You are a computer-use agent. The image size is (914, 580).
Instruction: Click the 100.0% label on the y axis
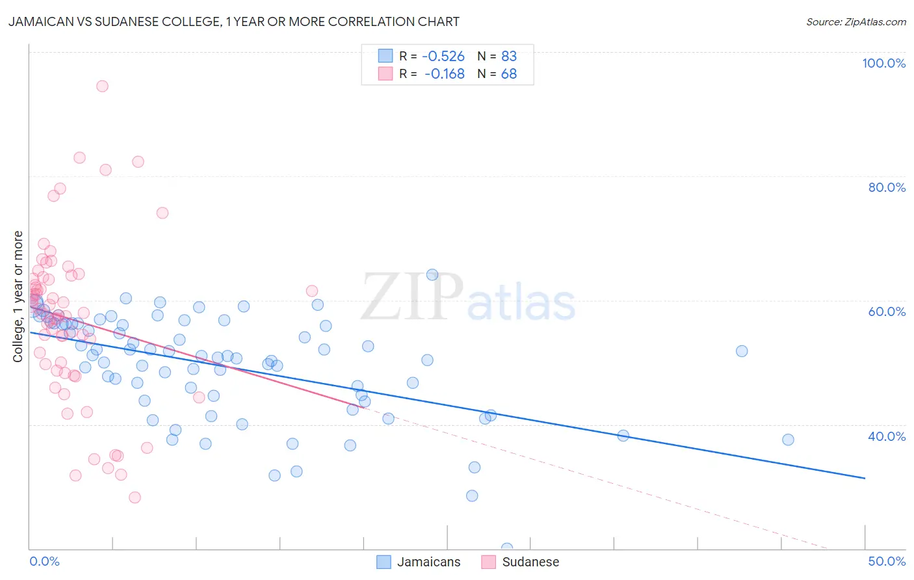click(x=883, y=63)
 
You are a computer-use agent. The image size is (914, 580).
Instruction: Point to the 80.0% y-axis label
click(x=887, y=187)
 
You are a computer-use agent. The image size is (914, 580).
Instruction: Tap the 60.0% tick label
click(x=887, y=311)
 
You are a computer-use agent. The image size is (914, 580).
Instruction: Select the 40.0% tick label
click(x=887, y=436)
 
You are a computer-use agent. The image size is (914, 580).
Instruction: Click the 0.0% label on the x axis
click(x=44, y=561)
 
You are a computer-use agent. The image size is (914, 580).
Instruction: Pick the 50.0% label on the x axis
click(x=887, y=561)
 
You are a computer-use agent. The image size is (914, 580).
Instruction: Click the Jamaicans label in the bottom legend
click(x=428, y=562)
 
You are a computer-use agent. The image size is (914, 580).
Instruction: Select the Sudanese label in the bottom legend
click(x=530, y=562)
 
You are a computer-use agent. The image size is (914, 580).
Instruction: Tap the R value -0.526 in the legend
click(x=443, y=56)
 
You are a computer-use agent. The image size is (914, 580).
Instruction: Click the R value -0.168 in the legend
click(x=445, y=74)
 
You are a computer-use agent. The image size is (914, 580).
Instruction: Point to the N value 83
click(x=509, y=56)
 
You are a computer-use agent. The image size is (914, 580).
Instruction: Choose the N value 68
click(x=509, y=74)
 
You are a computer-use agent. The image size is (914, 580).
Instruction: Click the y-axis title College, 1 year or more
click(x=18, y=297)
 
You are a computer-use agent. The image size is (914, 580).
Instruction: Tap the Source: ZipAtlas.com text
click(x=856, y=22)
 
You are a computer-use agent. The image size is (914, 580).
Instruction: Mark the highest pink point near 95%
click(x=102, y=86)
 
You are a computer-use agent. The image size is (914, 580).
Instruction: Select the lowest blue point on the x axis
click(x=507, y=548)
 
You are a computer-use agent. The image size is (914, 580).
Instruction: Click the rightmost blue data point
click(x=788, y=440)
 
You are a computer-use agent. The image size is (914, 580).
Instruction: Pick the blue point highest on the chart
click(x=432, y=274)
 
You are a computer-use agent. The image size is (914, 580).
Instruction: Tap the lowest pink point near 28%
click(x=135, y=497)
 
